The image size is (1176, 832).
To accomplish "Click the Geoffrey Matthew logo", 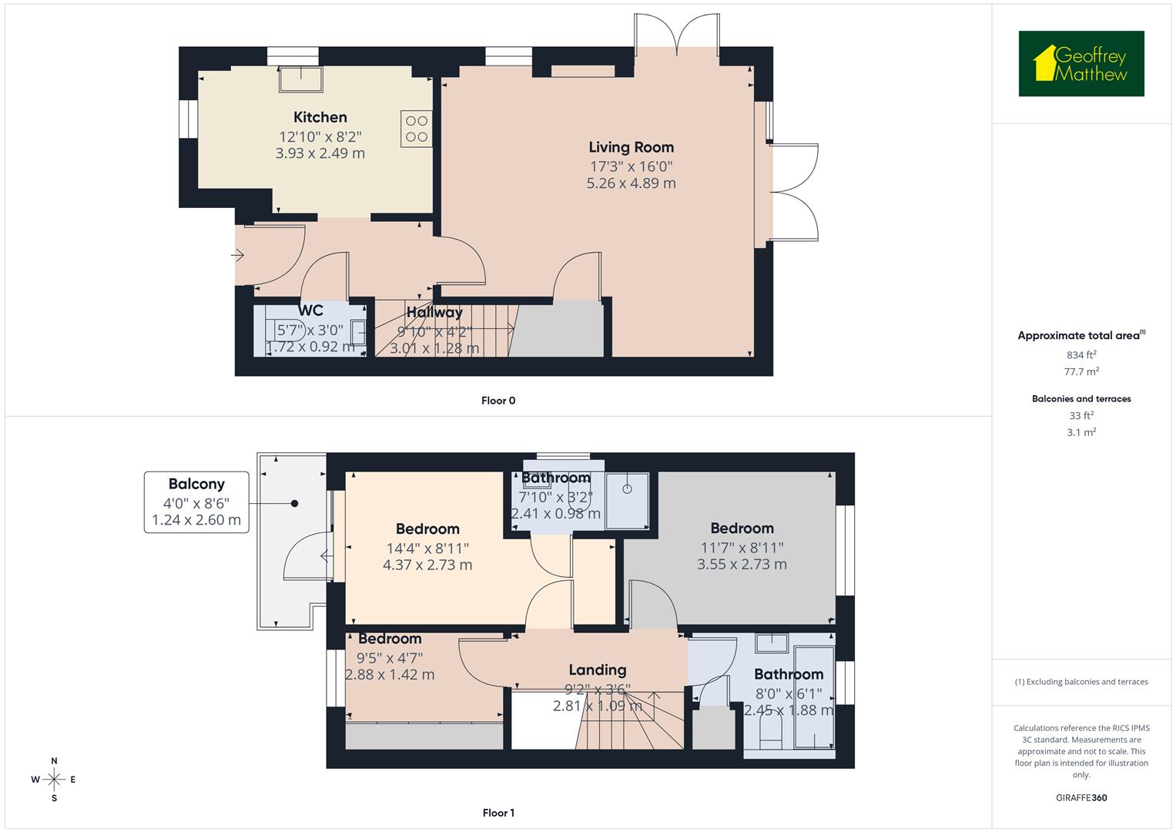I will click(x=1081, y=64).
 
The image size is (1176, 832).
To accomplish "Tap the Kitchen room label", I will click(x=320, y=117).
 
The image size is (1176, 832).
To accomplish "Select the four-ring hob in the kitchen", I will click(x=417, y=129).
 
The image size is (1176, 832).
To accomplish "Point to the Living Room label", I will click(x=631, y=147).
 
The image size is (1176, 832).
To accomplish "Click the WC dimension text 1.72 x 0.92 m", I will click(x=310, y=347).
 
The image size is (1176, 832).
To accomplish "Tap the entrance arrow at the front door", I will click(x=238, y=254).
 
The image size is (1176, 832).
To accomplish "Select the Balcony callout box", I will click(x=196, y=502).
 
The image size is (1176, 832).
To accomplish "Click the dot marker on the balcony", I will click(x=294, y=504).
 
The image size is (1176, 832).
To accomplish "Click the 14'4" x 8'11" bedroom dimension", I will click(x=427, y=548).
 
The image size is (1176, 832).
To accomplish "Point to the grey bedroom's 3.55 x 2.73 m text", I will click(x=742, y=565).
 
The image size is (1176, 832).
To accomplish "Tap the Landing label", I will click(x=597, y=669).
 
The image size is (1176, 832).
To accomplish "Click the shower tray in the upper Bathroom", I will click(x=627, y=500).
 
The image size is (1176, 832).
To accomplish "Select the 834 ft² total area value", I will click(x=1081, y=355).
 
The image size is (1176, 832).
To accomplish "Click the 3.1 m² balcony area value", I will click(x=1081, y=432).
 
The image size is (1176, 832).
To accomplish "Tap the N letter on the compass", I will click(x=54, y=761).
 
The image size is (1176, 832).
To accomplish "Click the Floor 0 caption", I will click(x=498, y=401).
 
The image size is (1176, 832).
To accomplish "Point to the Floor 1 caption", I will click(x=498, y=813).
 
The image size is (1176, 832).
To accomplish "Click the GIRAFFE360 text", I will click(x=1081, y=798).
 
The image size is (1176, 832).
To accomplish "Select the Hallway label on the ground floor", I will click(x=434, y=312).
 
